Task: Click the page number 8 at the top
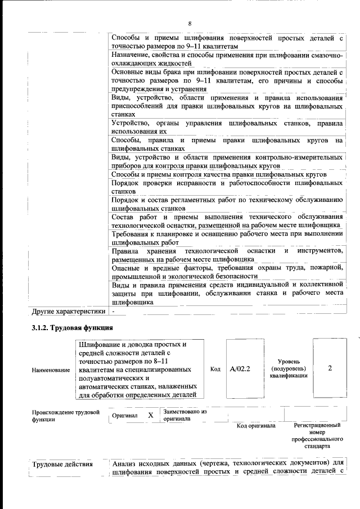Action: (x=190, y=24)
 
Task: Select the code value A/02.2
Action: (x=240, y=369)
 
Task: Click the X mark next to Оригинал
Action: (x=150, y=415)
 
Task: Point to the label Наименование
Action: (x=51, y=370)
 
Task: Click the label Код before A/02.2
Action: (x=215, y=369)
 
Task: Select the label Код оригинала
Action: (x=255, y=426)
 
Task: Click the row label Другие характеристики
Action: (x=69, y=310)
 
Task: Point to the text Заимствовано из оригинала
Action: (x=185, y=415)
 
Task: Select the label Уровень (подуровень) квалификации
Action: (x=292, y=368)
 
